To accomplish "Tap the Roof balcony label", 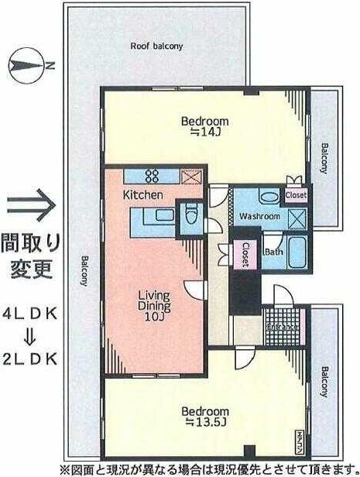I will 156,46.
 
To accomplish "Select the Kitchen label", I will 143,195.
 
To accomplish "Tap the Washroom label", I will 259,216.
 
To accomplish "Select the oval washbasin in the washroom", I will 266,196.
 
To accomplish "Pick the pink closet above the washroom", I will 295,196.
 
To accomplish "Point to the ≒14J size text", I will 205,133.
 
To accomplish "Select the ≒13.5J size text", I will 205,423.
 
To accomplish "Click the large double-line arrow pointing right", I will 29,207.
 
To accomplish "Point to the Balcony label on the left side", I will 81,272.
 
